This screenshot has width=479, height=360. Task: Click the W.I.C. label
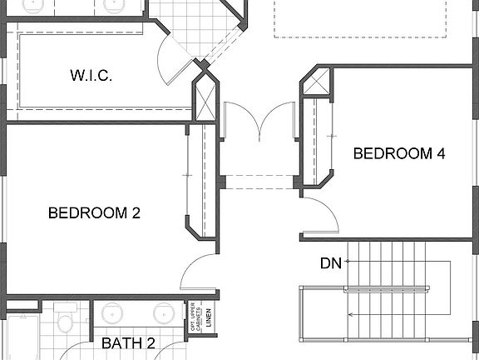(91, 76)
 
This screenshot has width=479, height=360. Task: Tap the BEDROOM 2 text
(94, 212)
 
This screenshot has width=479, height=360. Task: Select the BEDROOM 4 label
(393, 153)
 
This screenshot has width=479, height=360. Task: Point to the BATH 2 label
(128, 343)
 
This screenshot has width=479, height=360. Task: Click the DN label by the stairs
(330, 263)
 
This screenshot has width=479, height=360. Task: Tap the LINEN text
(210, 317)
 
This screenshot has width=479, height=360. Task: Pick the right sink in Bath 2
(163, 314)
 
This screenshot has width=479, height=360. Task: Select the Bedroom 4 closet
(311, 142)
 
